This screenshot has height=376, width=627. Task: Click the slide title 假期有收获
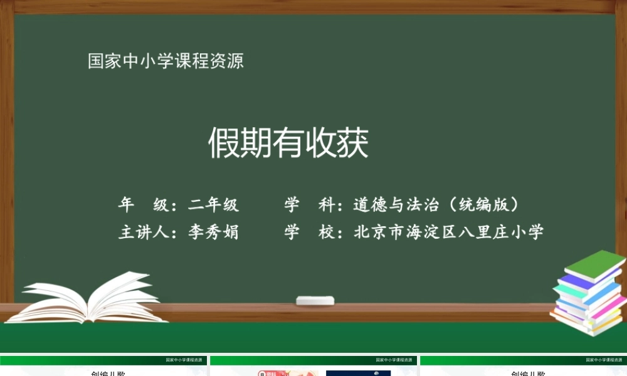click(288, 144)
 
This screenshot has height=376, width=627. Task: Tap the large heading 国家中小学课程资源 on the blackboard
click(166, 61)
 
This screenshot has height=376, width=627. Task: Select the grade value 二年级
click(214, 204)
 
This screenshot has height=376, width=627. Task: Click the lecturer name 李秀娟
click(214, 232)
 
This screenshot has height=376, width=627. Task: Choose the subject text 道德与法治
click(394, 204)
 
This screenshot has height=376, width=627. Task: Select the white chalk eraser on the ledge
click(315, 300)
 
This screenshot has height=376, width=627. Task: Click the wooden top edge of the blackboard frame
click(313, 7)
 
